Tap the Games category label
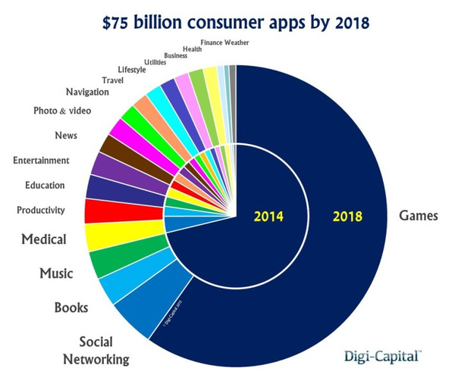[x=419, y=216]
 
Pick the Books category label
[x=71, y=308]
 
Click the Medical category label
[x=44, y=239]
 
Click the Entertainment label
[x=41, y=161]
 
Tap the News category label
[x=67, y=136]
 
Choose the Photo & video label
[x=61, y=111]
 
